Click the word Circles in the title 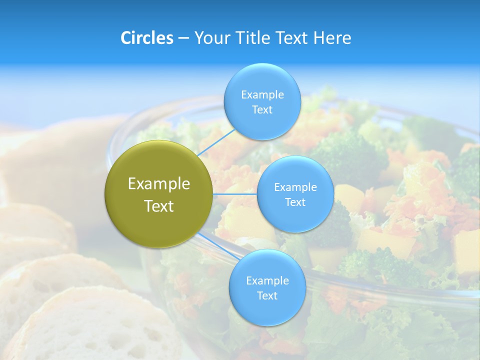pyautogui.click(x=146, y=38)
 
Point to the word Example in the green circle pyautogui.click(x=159, y=184)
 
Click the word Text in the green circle pyautogui.click(x=159, y=206)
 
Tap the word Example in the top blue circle pyautogui.click(x=262, y=95)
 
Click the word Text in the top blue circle pyautogui.click(x=262, y=110)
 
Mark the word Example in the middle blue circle pyautogui.click(x=295, y=187)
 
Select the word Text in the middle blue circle pyautogui.click(x=295, y=202)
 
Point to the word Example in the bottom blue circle pyautogui.click(x=267, y=281)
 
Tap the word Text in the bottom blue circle pyautogui.click(x=267, y=296)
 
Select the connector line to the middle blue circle pyautogui.click(x=235, y=194)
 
